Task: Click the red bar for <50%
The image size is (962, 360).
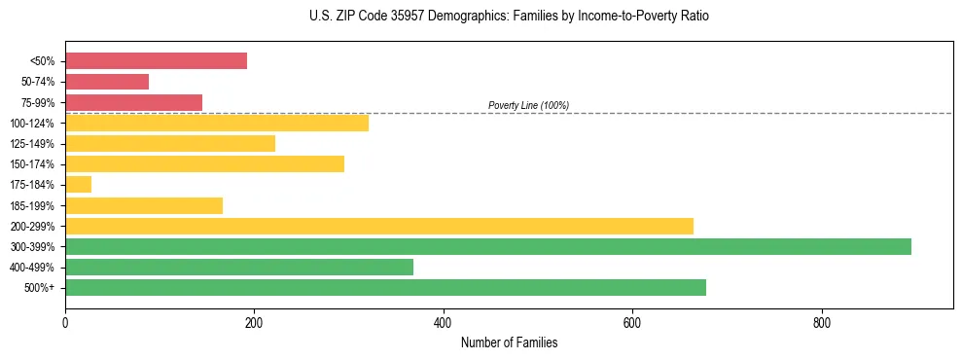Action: pos(156,61)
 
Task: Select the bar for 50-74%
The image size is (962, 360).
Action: pos(107,82)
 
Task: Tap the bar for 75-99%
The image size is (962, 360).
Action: pos(133,102)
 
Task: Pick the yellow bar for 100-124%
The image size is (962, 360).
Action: pos(217,123)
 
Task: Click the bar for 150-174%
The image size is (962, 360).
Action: pos(204,163)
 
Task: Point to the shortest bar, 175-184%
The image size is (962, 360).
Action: pos(78,184)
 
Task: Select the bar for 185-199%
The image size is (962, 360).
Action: pos(144,205)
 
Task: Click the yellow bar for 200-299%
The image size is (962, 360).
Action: pos(379,226)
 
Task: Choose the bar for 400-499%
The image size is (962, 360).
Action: pos(239,267)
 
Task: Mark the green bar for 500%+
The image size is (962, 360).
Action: pos(385,287)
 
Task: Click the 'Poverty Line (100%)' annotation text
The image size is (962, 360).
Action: pos(528,105)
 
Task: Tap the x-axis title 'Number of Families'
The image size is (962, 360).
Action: pos(509,342)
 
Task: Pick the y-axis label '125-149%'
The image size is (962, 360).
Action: pos(32,144)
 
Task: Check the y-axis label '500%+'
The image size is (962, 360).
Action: pos(39,288)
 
